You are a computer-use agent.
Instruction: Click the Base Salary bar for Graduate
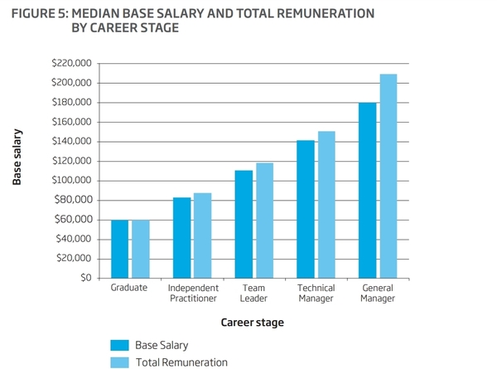pos(120,249)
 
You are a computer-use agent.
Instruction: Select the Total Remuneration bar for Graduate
pos(141,249)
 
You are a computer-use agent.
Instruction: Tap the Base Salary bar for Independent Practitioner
pos(182,238)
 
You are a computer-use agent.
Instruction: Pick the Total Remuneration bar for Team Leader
pos(264,221)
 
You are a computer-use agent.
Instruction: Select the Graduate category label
pos(128,288)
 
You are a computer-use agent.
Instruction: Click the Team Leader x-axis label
pos(253,293)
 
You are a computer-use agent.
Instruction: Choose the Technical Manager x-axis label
pos(316,293)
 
